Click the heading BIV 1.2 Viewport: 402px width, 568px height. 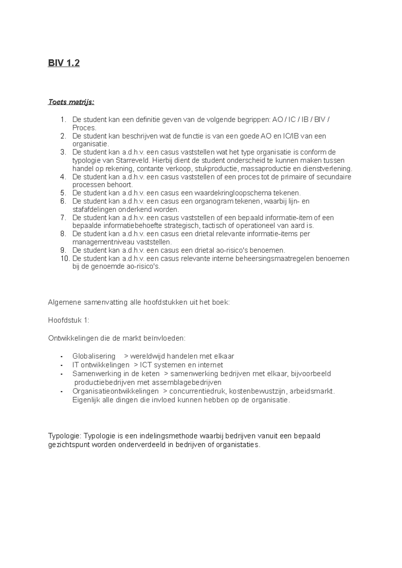point(64,63)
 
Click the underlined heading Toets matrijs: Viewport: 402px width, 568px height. point(71,102)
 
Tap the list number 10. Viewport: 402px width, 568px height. point(65,259)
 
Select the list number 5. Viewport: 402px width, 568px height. point(64,193)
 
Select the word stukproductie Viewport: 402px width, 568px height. point(216,169)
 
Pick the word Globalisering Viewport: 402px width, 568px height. point(94,356)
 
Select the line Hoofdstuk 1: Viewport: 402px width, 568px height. point(69,320)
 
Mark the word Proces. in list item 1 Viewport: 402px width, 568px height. point(84,128)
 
